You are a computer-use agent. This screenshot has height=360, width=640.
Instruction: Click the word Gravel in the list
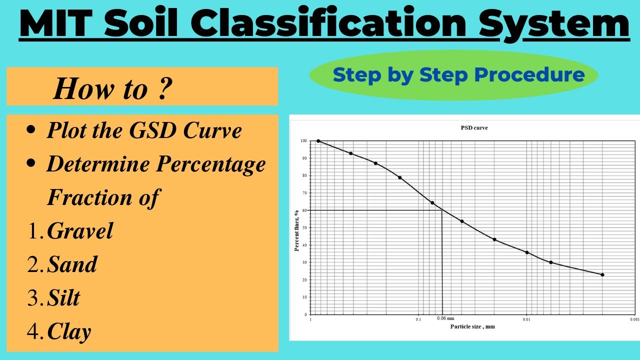coord(80,231)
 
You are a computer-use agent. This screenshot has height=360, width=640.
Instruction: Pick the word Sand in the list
coord(72,264)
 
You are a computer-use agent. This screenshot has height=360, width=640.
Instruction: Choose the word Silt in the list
coord(63,298)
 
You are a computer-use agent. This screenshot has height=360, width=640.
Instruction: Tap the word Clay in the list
coord(69,332)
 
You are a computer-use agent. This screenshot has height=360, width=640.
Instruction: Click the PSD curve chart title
coord(474,128)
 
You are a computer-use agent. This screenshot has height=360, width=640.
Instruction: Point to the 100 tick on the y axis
coord(304,141)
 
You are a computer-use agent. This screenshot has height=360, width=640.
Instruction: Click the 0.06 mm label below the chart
coord(445,318)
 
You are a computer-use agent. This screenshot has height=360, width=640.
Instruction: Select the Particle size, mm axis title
coord(472,326)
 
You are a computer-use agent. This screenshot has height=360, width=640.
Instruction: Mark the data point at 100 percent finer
coord(318,141)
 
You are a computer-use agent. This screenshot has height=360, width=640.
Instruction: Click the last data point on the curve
coord(602,274)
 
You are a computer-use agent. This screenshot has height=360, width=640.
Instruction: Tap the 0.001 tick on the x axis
coord(634,319)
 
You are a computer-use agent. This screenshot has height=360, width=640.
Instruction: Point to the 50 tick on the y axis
coord(304,228)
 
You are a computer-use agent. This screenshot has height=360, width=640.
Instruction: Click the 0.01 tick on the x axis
coord(526,319)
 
